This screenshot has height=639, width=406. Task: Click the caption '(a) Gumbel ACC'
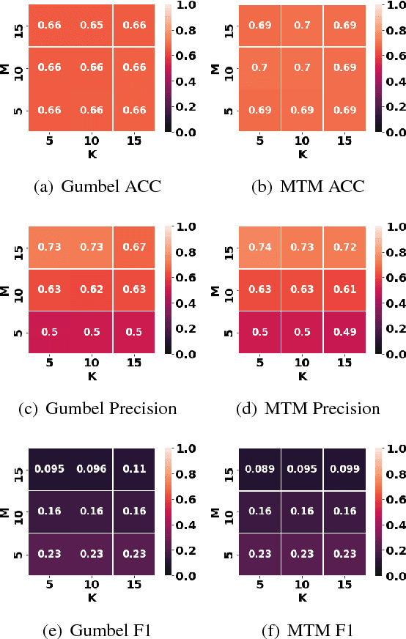click(x=97, y=186)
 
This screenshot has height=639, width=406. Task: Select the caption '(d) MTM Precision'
click(x=308, y=408)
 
